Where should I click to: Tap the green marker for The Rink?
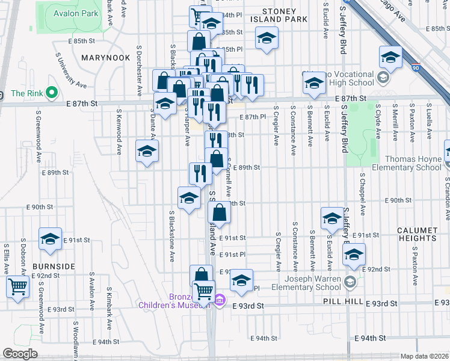pos(52,93)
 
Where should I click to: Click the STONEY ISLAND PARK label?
pos(279,15)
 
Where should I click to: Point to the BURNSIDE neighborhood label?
pos(54,265)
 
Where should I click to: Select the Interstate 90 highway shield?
pos(416,68)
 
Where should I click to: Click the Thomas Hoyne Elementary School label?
pos(404,163)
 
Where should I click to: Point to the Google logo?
pos(20,354)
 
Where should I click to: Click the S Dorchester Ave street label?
pos(139,69)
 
